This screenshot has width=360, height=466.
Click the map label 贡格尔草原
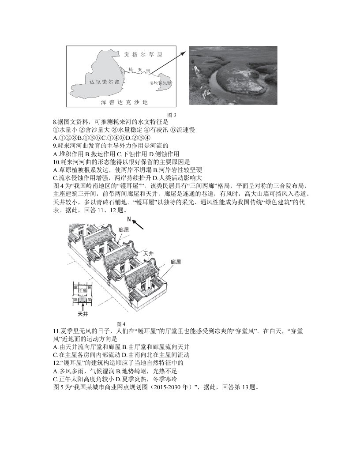[x=143, y=55]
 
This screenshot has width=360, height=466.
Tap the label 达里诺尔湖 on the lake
[x=104, y=82]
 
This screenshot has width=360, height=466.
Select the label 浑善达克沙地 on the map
[x=124, y=102]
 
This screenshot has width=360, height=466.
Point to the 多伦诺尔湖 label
[x=161, y=83]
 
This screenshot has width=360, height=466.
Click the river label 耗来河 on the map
[x=139, y=70]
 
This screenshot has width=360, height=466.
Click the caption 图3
[x=172, y=115]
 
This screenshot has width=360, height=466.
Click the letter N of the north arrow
[x=129, y=219]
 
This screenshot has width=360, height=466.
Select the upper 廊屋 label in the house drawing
[x=123, y=230]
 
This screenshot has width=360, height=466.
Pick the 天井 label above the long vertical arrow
[x=149, y=254]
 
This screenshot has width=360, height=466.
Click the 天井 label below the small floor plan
[x=82, y=314]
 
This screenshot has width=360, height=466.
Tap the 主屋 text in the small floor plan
[x=82, y=290]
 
